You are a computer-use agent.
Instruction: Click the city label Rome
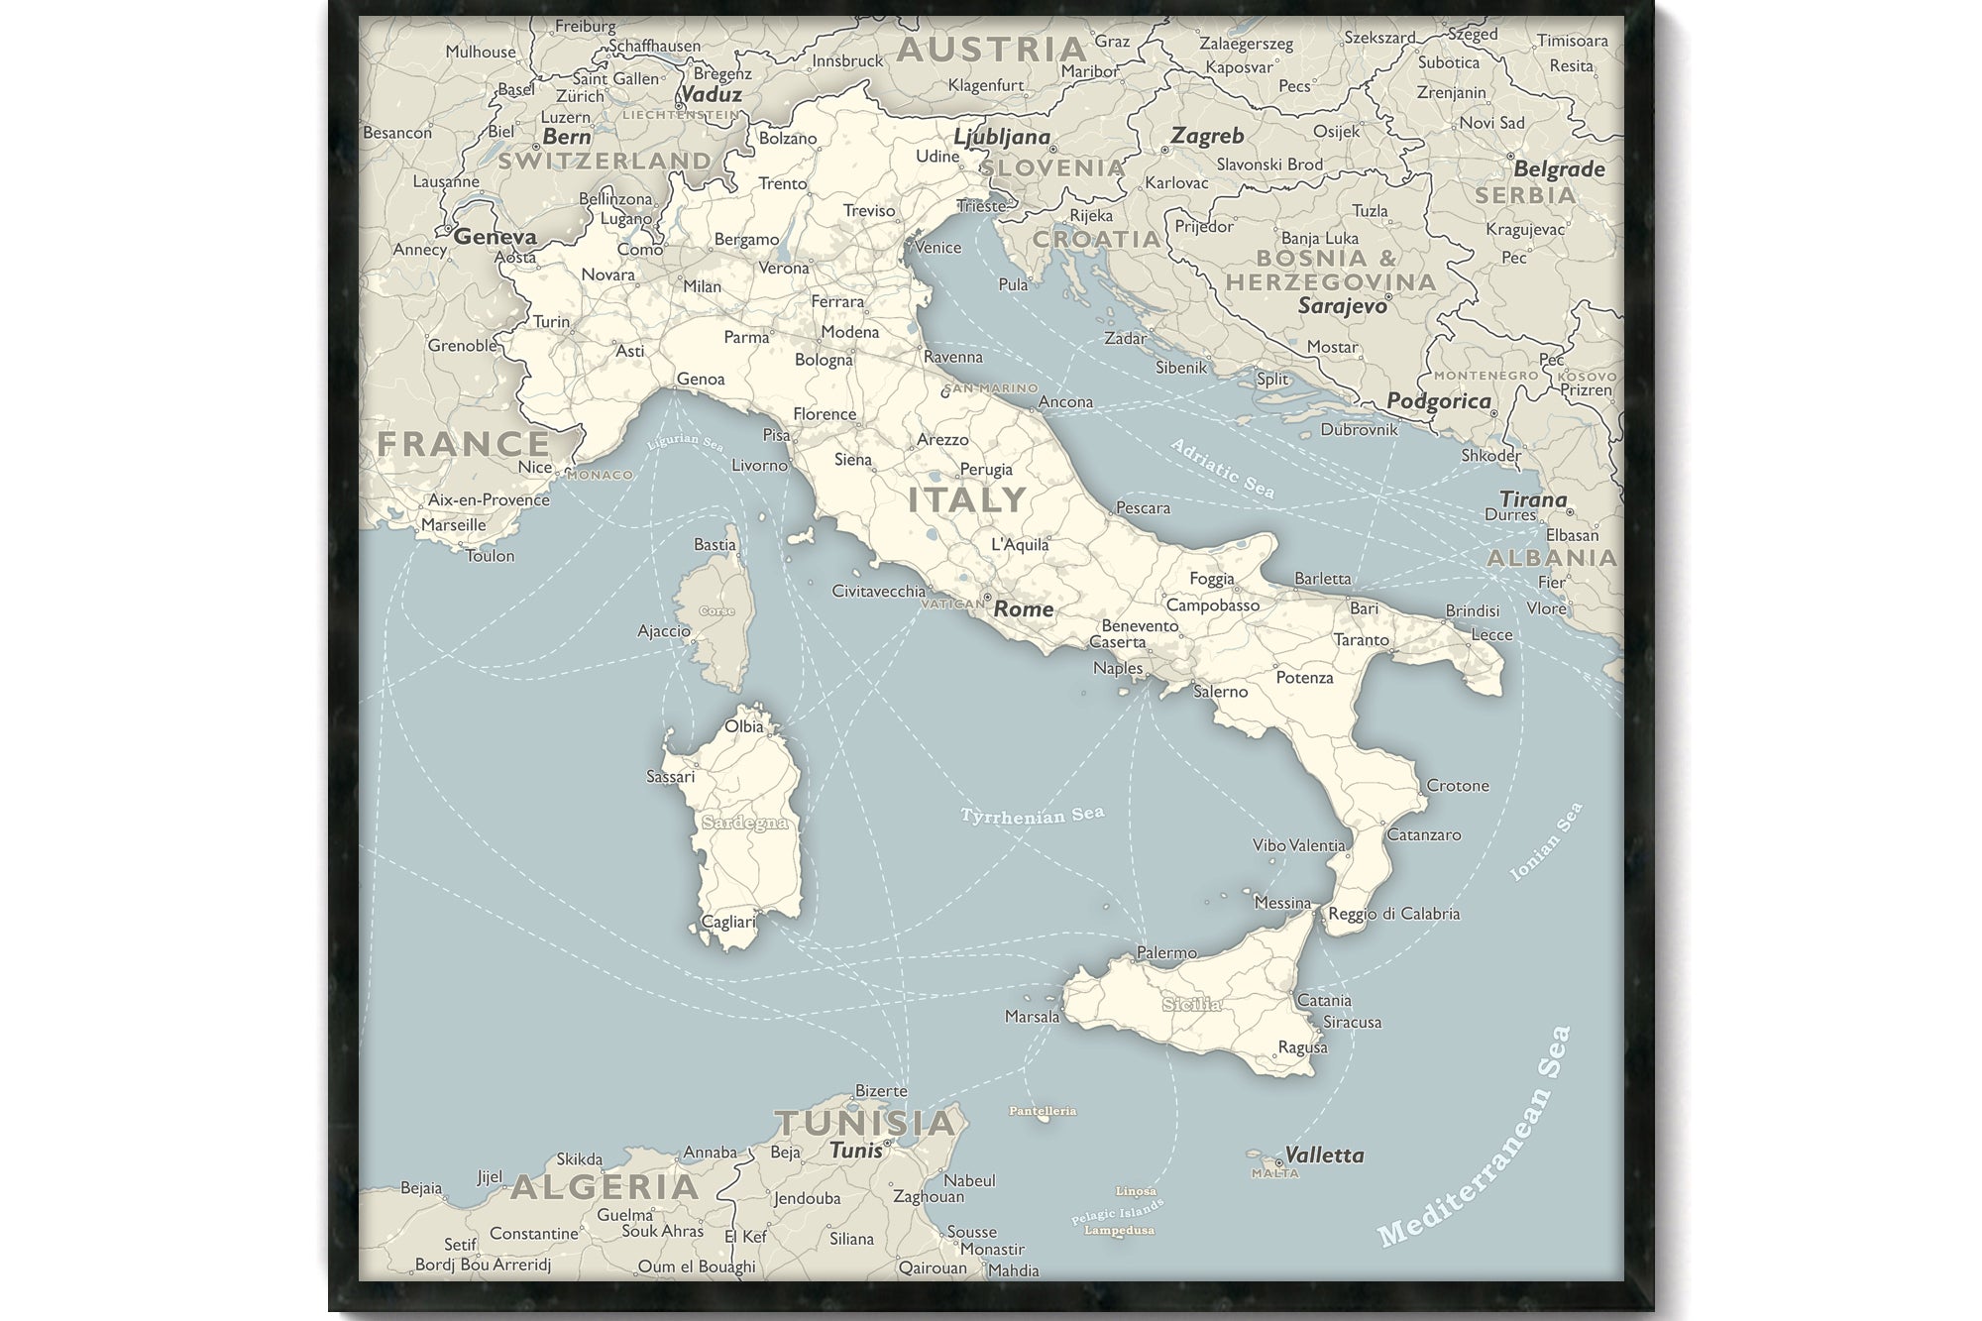coord(1024,608)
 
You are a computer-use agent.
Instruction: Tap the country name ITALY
coord(967,499)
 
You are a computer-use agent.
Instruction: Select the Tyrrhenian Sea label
coord(1032,815)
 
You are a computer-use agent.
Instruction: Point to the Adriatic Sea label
coord(1222,468)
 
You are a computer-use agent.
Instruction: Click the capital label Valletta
coord(1324,1155)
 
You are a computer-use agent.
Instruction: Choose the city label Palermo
coord(1166,952)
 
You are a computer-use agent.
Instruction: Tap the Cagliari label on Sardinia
coord(728,922)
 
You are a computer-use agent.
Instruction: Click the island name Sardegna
coord(744,823)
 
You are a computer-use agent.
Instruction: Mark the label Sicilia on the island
coord(1192,1004)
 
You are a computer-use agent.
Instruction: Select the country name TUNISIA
coord(865,1123)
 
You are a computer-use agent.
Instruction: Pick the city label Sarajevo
coord(1343,306)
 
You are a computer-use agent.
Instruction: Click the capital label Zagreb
coord(1207,136)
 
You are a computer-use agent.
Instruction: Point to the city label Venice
coord(937,247)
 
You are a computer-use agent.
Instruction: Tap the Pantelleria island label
coord(1043,1111)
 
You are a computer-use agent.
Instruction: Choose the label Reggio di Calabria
coord(1393,914)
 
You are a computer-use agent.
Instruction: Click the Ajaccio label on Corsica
coord(664,630)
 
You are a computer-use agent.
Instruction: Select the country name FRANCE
coord(463,444)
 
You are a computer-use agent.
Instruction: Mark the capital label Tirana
coord(1533,498)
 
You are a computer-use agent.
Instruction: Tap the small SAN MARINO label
coord(992,388)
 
